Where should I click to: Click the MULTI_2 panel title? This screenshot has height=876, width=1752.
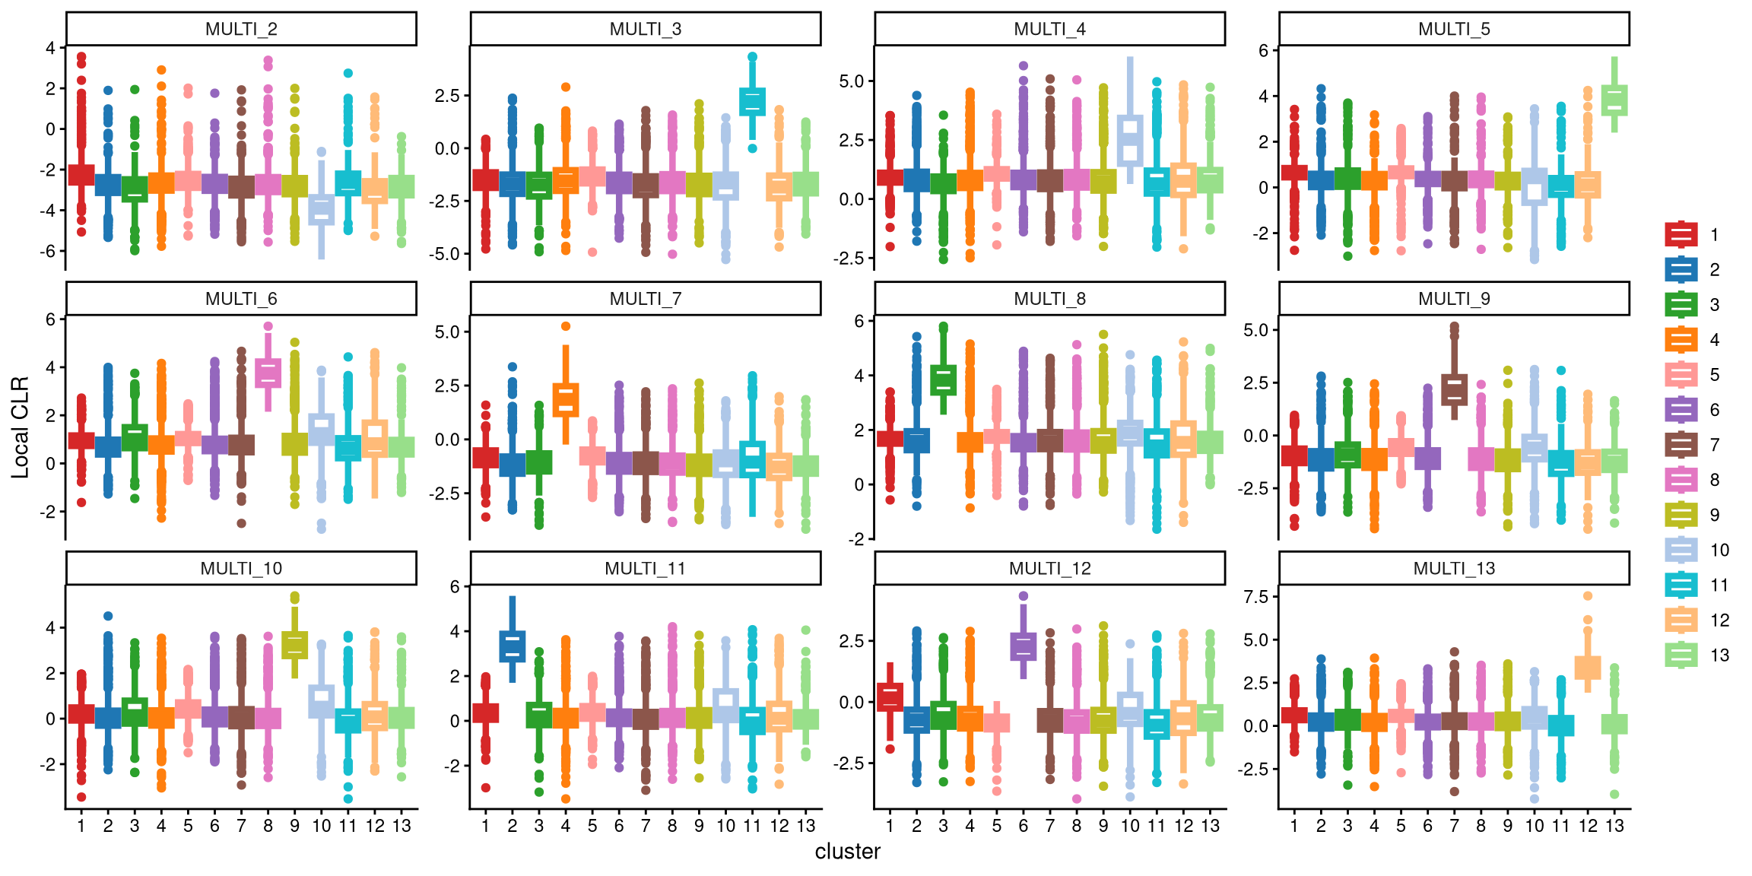[x=241, y=29]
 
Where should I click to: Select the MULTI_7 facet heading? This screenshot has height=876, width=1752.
[x=645, y=299]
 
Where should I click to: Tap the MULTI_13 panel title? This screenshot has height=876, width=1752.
[x=1453, y=569]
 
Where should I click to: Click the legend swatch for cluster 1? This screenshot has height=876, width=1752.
[x=1681, y=234]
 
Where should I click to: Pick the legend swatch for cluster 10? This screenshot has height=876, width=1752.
[x=1681, y=550]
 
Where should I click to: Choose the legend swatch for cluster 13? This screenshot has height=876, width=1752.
[x=1681, y=655]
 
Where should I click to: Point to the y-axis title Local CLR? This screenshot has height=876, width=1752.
[x=20, y=427]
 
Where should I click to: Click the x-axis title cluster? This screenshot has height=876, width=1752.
[x=847, y=852]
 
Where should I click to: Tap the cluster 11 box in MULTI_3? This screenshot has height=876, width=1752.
[x=752, y=102]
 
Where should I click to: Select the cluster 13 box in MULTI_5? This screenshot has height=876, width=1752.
[x=1614, y=100]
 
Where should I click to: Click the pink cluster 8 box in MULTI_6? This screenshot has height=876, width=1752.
[x=268, y=373]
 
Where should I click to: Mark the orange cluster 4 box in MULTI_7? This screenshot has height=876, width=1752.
[x=566, y=400]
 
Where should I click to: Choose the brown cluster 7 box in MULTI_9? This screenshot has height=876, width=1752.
[x=1454, y=389]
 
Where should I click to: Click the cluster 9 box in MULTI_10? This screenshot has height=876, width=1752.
[x=294, y=645]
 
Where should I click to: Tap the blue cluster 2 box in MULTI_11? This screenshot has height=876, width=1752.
[x=512, y=646]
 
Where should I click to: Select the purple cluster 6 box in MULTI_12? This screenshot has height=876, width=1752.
[x=1023, y=646]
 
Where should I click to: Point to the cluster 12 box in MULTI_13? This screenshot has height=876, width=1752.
[x=1588, y=668]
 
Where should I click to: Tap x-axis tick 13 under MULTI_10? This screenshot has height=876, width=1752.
[x=401, y=826]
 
